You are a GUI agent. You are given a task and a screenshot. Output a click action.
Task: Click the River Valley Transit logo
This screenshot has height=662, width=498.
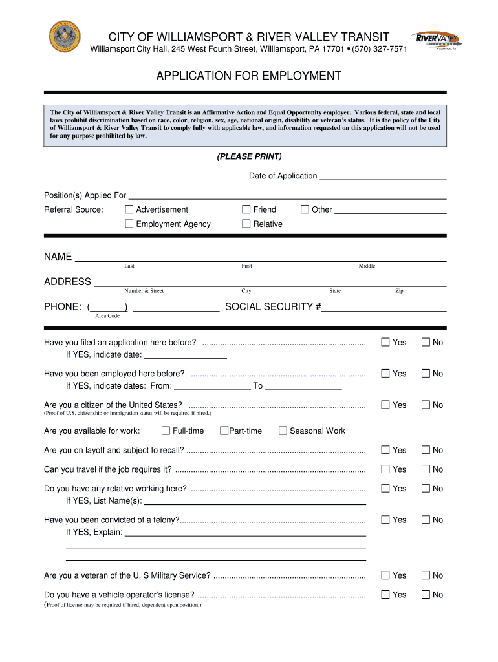coord(438,41)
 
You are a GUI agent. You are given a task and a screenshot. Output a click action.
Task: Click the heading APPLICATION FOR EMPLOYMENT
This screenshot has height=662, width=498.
coord(248,76)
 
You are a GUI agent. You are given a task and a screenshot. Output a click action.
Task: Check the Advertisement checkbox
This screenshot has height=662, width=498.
coord(129,209)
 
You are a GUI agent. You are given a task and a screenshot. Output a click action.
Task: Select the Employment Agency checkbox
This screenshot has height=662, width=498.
coord(129,224)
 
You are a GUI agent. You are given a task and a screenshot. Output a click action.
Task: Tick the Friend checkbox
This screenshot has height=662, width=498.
coord(246,209)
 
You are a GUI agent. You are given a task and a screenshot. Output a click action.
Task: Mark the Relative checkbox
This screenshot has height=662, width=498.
coord(246,224)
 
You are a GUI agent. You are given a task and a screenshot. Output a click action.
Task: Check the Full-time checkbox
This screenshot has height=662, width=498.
coord(166,431)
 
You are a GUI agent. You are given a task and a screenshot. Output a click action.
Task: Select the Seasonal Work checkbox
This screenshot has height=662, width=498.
coord(283,431)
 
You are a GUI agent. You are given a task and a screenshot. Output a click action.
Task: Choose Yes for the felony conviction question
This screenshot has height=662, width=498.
coord(385,520)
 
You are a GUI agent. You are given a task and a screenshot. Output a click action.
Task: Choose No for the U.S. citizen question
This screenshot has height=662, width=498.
coord(426,405)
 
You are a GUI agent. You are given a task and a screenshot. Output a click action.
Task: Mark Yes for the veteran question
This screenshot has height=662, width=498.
coord(385,575)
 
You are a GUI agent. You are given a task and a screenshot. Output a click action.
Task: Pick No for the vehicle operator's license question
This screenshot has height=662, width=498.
coord(426,595)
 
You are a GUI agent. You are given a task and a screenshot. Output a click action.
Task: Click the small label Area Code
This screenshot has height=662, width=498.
coord(107,316)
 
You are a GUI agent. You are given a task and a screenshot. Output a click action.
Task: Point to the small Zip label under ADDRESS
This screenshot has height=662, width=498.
coord(399,291)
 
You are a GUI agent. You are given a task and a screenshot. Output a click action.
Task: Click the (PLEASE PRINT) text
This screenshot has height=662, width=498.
coord(249,157)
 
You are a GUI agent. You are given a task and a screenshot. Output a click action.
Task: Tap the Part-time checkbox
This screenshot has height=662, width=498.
coord(224,431)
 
